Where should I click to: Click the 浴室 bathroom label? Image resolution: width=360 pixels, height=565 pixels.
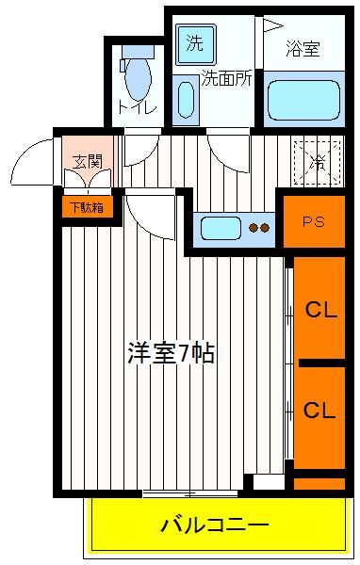(303, 49)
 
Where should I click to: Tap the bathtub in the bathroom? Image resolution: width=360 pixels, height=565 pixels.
(303, 100)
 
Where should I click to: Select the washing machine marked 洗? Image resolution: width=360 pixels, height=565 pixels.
(195, 44)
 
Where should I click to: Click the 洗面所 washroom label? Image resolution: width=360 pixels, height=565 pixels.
(226, 78)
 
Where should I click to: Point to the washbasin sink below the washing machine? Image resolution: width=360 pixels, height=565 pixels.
(186, 101)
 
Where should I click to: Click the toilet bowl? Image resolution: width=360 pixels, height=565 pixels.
(138, 76)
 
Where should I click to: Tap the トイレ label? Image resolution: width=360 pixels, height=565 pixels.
(137, 107)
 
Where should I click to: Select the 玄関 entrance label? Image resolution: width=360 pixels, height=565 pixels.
(87, 161)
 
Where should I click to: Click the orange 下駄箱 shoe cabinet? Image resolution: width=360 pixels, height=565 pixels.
(87, 207)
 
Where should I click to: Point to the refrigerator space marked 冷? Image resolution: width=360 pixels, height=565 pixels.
(318, 162)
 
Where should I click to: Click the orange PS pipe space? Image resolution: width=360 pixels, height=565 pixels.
(314, 221)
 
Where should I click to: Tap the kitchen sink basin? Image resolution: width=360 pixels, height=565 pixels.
(221, 228)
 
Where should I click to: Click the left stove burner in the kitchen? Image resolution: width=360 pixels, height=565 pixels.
(253, 228)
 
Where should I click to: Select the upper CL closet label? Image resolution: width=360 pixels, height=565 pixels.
(321, 310)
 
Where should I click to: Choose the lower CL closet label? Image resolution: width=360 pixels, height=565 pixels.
(319, 410)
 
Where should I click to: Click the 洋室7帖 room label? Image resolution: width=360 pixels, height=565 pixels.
(171, 353)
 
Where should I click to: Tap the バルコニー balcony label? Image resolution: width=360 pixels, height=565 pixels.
(215, 525)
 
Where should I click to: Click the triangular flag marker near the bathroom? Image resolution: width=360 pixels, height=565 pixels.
(271, 25)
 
